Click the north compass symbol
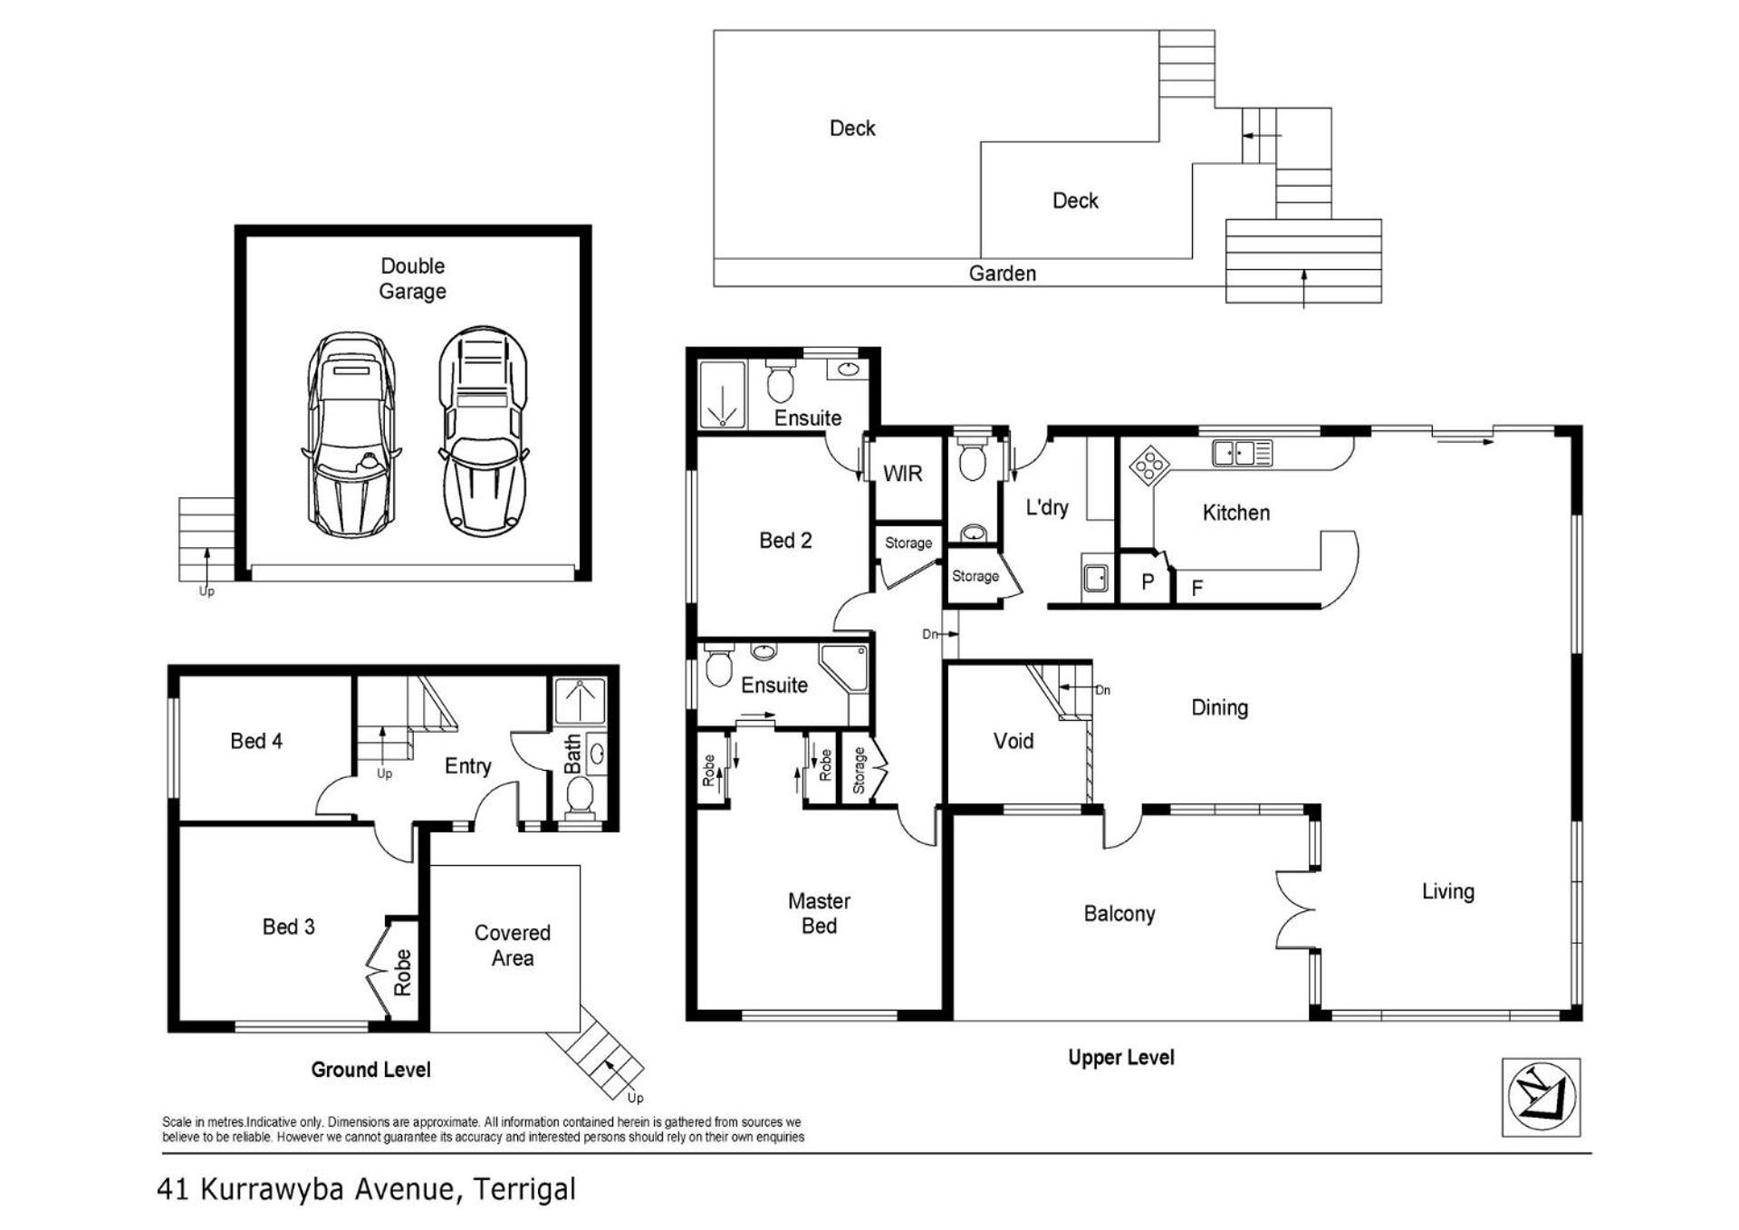point(1541,1097)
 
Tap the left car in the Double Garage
point(351,434)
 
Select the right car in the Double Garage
point(484,430)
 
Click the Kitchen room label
point(1235,513)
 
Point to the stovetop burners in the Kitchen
point(1149,466)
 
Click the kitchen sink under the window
point(1243,453)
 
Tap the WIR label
point(902,474)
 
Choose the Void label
point(1013,741)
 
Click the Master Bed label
point(819,913)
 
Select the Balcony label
point(1119,914)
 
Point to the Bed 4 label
point(256,741)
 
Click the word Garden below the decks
point(1002,274)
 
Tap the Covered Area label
point(512,945)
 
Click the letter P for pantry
point(1147,582)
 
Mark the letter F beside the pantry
point(1196,589)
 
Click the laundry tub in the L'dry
point(1096,577)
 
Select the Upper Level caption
point(1121,1057)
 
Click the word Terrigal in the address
point(525,1189)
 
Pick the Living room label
point(1447,892)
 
